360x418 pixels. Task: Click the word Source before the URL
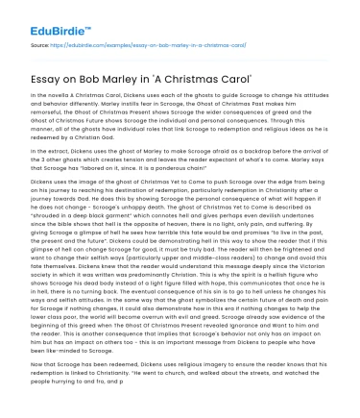pyautogui.click(x=39, y=44)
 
